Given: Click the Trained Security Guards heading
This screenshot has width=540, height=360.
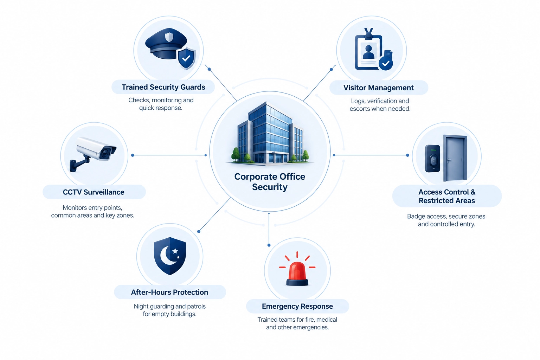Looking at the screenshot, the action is [163, 87].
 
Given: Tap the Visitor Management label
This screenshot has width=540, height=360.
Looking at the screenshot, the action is [379, 88].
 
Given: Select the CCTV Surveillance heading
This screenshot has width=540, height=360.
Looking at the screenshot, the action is [94, 192].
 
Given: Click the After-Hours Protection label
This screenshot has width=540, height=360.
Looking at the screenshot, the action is [169, 292].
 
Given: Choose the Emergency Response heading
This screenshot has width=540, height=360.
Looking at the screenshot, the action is [297, 306].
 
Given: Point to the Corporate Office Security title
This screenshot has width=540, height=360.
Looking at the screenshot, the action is [270, 182].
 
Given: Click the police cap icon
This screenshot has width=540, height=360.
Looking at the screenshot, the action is [166, 44].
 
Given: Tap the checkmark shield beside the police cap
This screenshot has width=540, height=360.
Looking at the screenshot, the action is [186, 58].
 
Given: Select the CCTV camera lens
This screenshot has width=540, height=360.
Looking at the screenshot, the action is [105, 153].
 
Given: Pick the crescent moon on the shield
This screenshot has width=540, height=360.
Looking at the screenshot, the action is [168, 256].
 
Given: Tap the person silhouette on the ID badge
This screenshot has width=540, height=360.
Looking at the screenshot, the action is [368, 52].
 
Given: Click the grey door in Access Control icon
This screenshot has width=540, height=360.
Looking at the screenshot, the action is [455, 158].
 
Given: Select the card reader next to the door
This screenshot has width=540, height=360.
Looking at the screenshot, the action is [432, 159].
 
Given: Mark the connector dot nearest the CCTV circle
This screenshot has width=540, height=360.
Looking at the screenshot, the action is [133, 155].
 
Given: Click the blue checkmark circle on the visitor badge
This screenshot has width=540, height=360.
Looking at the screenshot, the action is [386, 63].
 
